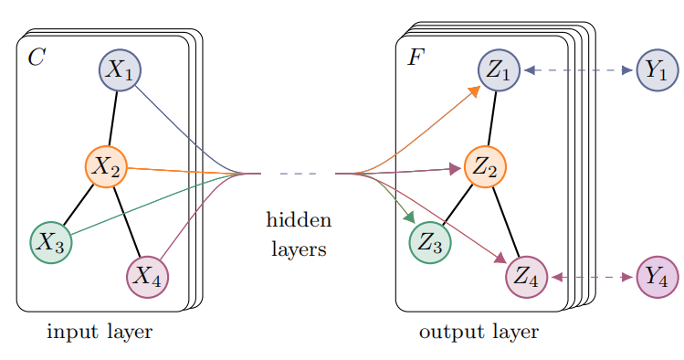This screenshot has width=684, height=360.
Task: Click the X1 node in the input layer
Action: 120,69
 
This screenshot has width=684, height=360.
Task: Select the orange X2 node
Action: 106,167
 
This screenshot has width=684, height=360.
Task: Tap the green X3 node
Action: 51,243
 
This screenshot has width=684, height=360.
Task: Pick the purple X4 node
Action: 147,277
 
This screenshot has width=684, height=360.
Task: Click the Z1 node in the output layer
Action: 499,69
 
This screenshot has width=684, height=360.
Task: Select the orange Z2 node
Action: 485,167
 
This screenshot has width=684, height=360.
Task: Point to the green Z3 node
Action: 430,243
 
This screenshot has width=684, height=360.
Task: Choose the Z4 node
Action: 527,277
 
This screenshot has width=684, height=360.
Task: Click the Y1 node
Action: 658,69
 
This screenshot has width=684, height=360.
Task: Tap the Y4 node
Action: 658,277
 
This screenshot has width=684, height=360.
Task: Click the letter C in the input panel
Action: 37,58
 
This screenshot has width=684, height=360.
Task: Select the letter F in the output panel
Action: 416,58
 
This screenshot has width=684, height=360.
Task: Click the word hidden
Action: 299,219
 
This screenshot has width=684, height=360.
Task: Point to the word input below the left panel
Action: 72,332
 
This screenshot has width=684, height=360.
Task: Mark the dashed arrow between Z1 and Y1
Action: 578,69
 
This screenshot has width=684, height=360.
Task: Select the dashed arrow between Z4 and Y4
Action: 593,277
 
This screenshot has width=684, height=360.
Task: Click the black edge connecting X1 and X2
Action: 113,118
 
